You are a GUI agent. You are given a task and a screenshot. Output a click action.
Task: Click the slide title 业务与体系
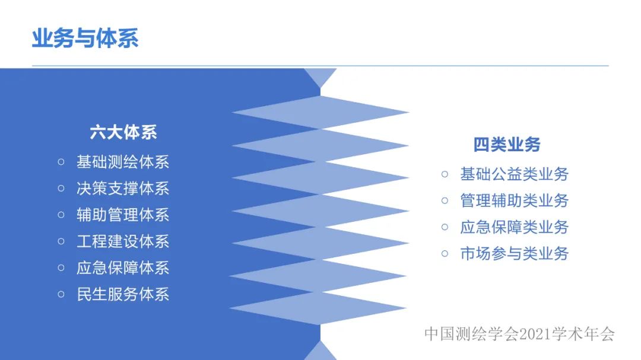[85, 39]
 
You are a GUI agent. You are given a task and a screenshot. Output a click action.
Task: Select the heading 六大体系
[123, 132]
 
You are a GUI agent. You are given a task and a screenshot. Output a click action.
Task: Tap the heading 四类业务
[507, 145]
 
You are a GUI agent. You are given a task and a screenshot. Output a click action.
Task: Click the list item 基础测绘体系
[123, 162]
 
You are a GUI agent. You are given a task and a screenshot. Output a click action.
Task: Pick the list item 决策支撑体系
[123, 189]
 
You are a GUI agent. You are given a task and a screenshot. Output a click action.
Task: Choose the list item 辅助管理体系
[123, 215]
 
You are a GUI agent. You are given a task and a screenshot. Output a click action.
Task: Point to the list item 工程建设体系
[123, 241]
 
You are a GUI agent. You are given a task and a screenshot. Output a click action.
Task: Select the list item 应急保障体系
[123, 268]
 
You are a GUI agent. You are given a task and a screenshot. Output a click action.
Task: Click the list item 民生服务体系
[123, 294]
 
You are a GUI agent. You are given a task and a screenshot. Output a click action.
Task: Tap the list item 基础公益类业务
[514, 174]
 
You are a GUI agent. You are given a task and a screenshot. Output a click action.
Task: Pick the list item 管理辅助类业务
[514, 200]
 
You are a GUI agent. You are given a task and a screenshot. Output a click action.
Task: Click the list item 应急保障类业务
[514, 227]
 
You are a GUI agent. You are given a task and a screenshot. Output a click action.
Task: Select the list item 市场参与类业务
[514, 254]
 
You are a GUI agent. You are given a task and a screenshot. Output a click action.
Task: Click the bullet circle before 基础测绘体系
[61, 162]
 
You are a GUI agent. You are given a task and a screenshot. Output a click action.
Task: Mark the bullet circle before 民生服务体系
[61, 294]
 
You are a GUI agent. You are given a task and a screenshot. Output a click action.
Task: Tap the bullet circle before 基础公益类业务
[445, 174]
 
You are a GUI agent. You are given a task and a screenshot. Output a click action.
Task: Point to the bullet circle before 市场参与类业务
[445, 254]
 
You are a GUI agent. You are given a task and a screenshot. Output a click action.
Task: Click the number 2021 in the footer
[535, 334]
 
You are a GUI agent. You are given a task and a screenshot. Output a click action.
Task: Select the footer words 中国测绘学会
[472, 334]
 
